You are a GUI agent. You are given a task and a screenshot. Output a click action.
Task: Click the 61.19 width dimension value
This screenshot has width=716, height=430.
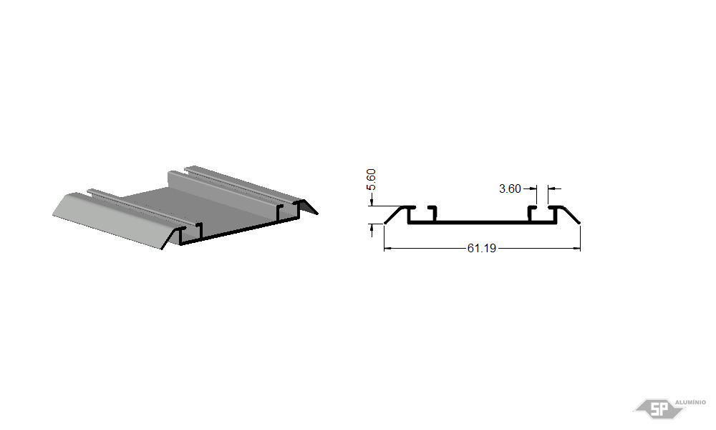[481, 248]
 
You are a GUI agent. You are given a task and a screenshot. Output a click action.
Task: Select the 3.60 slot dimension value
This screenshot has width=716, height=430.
[510, 188]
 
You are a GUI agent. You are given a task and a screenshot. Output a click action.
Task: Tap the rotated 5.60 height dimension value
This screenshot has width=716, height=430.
[371, 180]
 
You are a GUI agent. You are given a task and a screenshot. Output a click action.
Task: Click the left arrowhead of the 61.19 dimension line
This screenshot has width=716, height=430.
[387, 249]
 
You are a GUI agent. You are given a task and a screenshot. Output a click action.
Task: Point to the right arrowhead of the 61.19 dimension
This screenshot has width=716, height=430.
[576, 249]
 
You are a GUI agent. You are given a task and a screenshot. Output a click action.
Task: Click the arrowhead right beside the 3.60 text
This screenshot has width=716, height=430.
[533, 188]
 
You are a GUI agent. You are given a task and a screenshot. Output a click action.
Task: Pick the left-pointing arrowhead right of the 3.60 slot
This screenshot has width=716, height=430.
[551, 188]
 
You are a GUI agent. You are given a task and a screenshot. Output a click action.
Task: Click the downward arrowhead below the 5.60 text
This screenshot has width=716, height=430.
[372, 202]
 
